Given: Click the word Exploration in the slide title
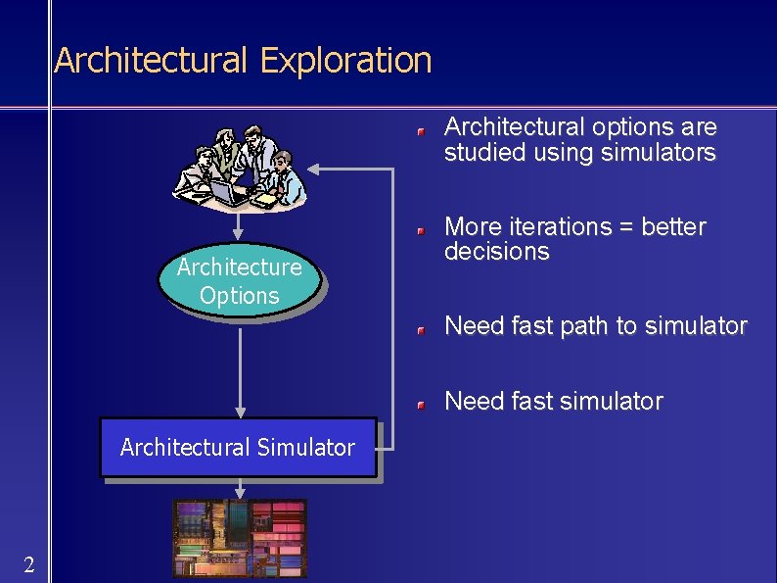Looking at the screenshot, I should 345,61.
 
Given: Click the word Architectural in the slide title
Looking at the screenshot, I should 152,61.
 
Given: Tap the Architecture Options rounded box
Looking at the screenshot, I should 239,281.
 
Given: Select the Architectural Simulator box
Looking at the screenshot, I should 238,448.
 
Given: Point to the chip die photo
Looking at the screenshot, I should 240,538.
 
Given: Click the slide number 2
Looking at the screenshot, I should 29,564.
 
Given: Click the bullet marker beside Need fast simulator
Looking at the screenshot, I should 419,404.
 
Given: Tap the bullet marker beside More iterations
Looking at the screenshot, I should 419,229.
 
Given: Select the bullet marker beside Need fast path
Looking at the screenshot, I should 419,329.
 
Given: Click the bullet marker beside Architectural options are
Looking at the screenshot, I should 419,129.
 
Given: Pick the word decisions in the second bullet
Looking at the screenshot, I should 496,252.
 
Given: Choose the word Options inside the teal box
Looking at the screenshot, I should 239,295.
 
